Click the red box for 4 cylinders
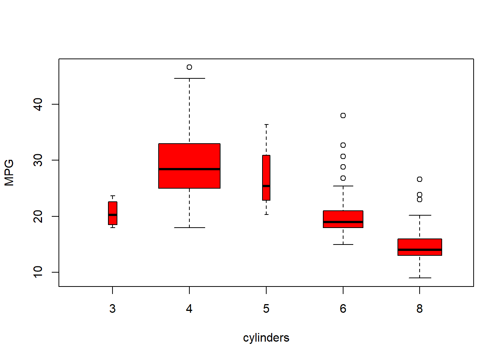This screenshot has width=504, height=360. point(189,157)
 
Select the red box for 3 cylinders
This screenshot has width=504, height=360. point(112,208)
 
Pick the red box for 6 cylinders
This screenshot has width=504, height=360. point(343,216)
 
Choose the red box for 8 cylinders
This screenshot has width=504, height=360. point(420,244)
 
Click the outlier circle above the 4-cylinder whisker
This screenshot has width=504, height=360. point(189,67)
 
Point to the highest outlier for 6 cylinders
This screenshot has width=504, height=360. point(343,115)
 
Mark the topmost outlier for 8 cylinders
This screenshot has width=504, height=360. point(420,179)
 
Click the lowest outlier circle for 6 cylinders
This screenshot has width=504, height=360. point(343,178)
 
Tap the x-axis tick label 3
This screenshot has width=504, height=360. point(112,309)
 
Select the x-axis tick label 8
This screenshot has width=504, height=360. point(420,309)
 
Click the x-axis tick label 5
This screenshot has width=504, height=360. point(266,309)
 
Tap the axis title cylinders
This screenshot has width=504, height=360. point(266,338)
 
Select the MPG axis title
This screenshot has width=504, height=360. point(9,172)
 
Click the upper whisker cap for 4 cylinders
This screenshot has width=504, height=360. point(189,78)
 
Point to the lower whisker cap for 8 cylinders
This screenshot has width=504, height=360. point(420,278)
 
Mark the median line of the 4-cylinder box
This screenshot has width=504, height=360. point(189,169)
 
